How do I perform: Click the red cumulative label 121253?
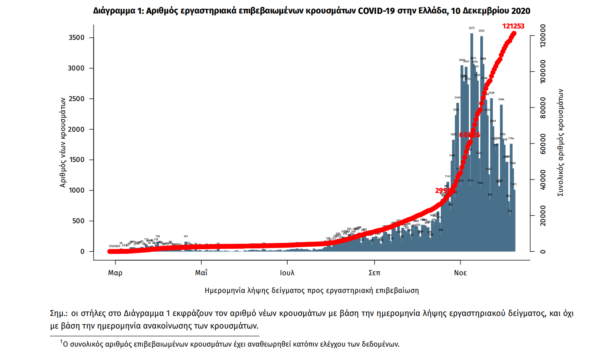pyautogui.click(x=513, y=26)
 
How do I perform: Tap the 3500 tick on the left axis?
pyautogui.click(x=76, y=38)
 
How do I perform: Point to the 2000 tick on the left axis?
pyautogui.click(x=76, y=129)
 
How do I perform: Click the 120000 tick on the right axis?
pyautogui.click(x=543, y=36)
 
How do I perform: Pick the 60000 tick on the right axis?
pyautogui.click(x=543, y=144)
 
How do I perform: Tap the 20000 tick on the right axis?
pyautogui.click(x=543, y=216)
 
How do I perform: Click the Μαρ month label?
pyautogui.click(x=115, y=273)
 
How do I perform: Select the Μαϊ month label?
pyautogui.click(x=201, y=273)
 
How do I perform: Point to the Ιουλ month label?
pyautogui.click(x=288, y=273)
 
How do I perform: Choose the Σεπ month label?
pyautogui.click(x=374, y=273)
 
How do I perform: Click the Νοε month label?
pyautogui.click(x=460, y=273)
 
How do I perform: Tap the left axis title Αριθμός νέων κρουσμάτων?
pyautogui.click(x=63, y=143)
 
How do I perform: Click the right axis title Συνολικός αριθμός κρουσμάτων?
pyautogui.click(x=560, y=143)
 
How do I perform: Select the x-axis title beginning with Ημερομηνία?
pyautogui.click(x=311, y=290)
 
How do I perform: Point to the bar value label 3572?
pyautogui.click(x=472, y=28)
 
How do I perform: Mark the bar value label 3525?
pyautogui.click(x=481, y=31)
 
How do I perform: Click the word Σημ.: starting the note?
pyautogui.click(x=59, y=313)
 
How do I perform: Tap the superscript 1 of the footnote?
pyautogui.click(x=61, y=342)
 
